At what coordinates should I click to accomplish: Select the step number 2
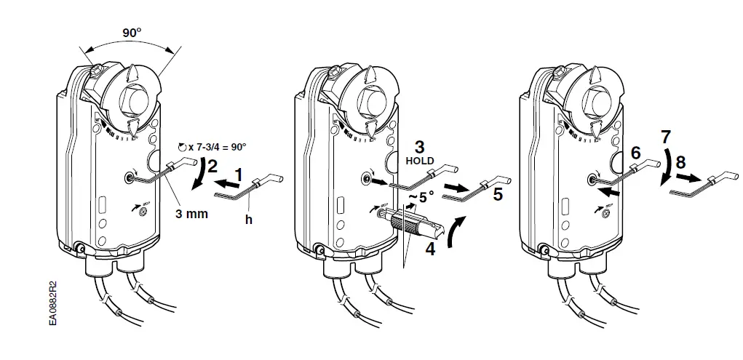click(212, 167)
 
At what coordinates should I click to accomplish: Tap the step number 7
click(666, 136)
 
